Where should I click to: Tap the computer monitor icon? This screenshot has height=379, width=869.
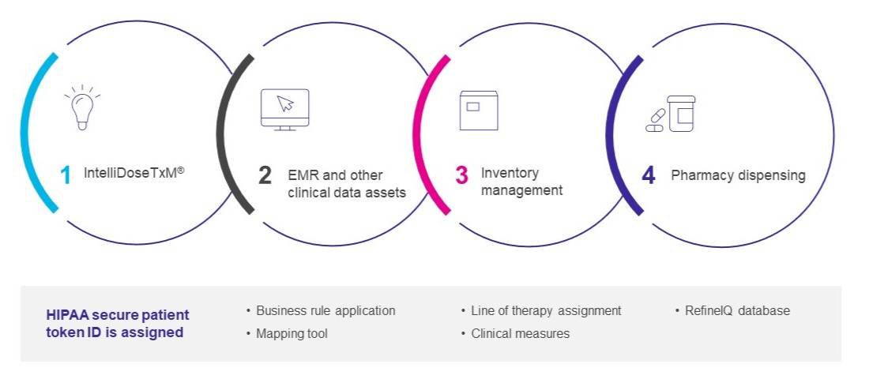click(x=284, y=109)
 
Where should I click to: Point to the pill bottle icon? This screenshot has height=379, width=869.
click(x=680, y=114)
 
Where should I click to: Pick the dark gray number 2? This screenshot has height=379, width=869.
click(x=265, y=174)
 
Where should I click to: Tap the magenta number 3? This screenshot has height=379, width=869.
click(x=461, y=174)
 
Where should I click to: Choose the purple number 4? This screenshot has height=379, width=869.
click(x=649, y=174)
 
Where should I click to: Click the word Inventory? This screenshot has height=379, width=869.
click(x=510, y=173)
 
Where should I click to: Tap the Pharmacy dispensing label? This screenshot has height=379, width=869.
click(x=738, y=175)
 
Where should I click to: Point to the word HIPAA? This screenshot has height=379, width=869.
click(x=66, y=315)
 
